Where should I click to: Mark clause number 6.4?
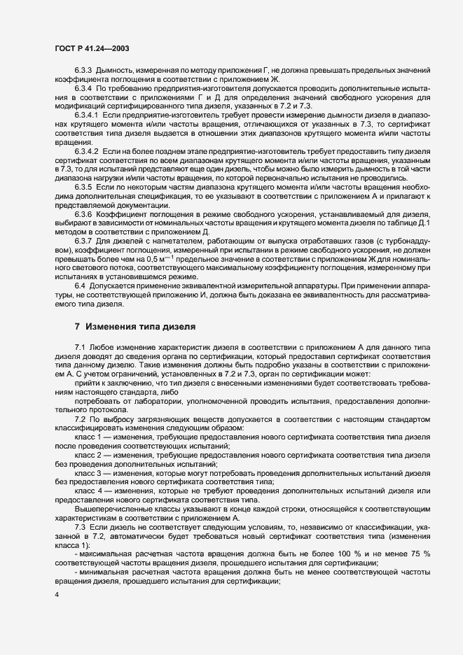click(x=80, y=286)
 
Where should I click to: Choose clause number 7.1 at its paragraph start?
click(x=80, y=348)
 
